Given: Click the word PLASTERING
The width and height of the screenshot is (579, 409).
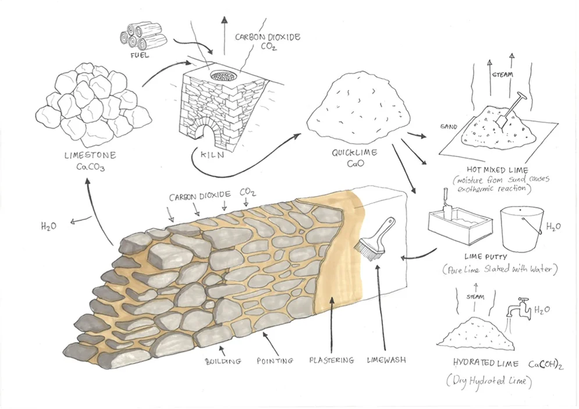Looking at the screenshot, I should (x=331, y=360).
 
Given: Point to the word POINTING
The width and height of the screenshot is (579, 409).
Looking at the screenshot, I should (x=275, y=361).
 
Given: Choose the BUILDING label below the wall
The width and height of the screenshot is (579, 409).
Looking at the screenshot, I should (x=223, y=361).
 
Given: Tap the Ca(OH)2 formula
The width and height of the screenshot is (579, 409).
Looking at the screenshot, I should (x=545, y=364).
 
